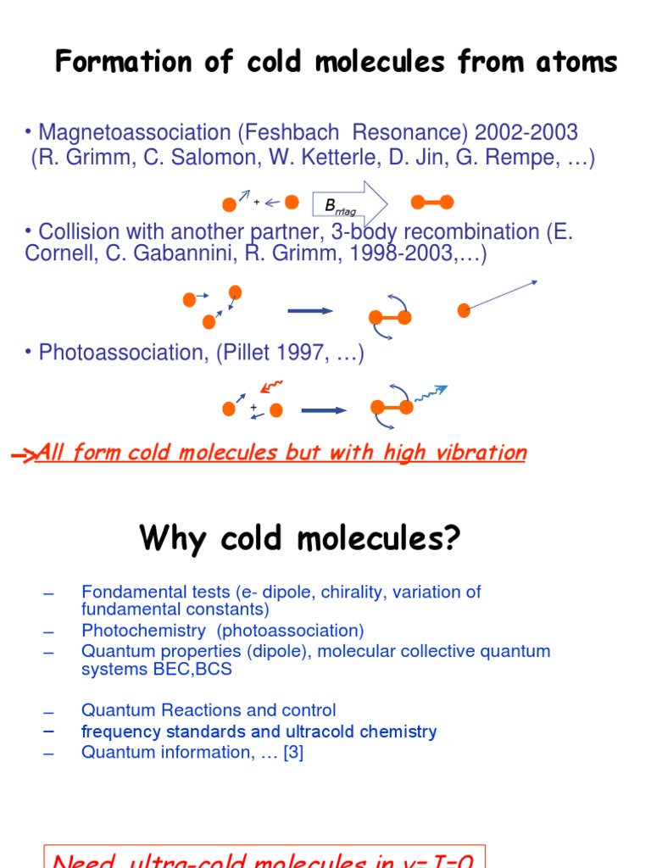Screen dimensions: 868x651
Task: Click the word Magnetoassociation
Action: [135, 133]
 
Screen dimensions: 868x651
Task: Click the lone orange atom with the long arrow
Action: [464, 310]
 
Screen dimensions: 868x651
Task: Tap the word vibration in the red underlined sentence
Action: [478, 453]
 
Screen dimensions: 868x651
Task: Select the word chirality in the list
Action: [345, 593]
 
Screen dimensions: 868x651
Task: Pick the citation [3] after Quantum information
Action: [293, 752]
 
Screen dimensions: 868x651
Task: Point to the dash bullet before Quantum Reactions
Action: [48, 712]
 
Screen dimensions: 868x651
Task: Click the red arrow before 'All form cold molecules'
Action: [23, 456]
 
